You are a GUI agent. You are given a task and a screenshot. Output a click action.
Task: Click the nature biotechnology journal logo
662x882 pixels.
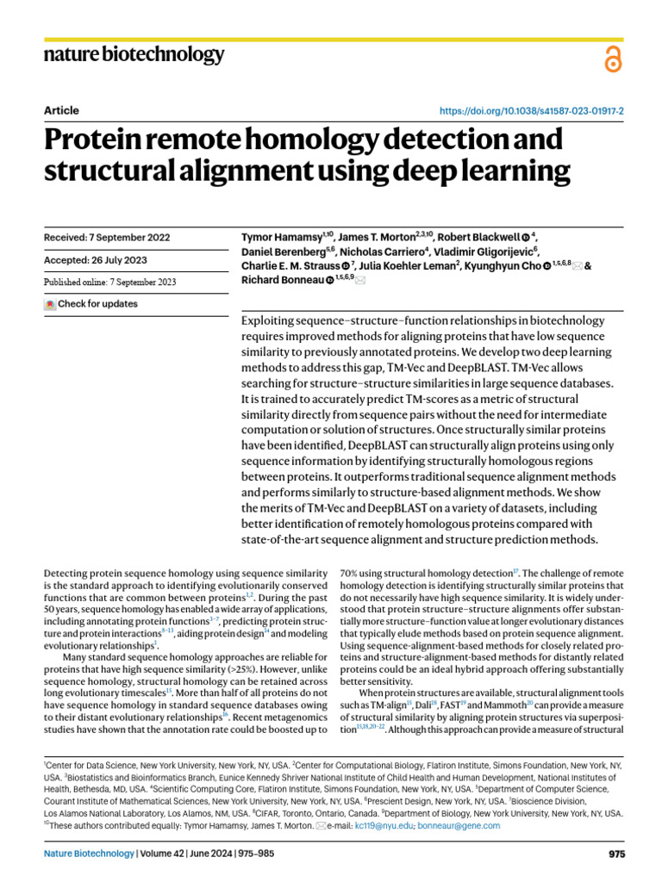(x=134, y=56)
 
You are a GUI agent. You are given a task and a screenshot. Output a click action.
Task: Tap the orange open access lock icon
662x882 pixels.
(x=612, y=59)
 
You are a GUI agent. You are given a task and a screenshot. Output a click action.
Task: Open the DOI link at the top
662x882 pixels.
(x=533, y=111)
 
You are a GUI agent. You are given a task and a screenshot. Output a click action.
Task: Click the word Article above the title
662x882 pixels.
(x=60, y=110)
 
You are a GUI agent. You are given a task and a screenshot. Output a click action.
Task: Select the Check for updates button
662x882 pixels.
(x=91, y=304)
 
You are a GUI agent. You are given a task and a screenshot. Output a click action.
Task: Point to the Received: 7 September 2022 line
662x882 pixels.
(x=106, y=238)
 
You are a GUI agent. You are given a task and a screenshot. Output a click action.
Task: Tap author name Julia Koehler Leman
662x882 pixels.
(x=409, y=266)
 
